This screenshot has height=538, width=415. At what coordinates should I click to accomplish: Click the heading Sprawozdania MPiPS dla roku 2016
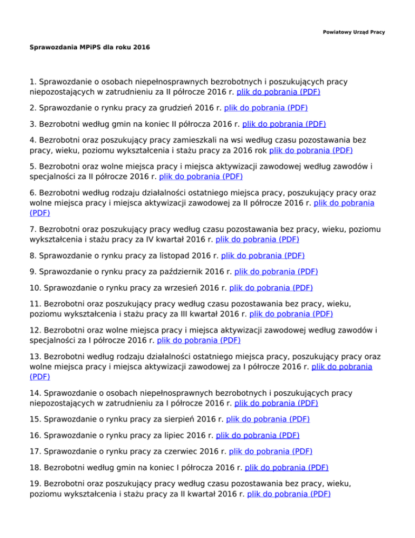[x=89, y=48]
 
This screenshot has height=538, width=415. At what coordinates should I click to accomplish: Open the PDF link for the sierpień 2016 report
[x=268, y=419]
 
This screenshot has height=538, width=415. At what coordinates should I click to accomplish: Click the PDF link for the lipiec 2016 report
[x=257, y=435]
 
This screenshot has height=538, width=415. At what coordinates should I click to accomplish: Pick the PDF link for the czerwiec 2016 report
[x=270, y=451]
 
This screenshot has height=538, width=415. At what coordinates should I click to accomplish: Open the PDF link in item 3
[x=284, y=123]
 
